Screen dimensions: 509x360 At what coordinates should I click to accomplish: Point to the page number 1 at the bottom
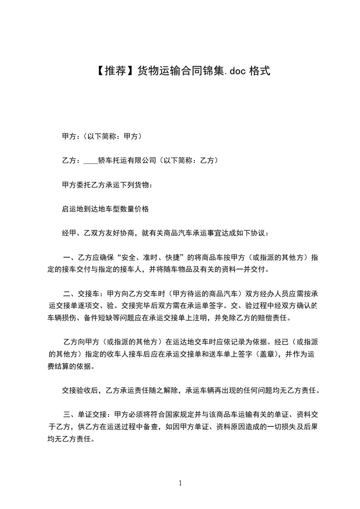click(x=180, y=483)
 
